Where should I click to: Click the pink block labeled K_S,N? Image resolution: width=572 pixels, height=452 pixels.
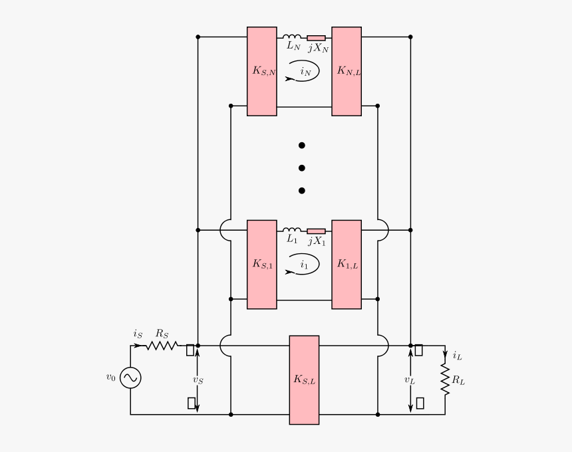click(262, 71)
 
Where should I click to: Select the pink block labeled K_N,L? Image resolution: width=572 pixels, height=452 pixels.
click(347, 71)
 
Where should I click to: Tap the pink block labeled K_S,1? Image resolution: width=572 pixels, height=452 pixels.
click(262, 265)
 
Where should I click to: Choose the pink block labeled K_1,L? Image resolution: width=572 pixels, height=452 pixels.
click(347, 265)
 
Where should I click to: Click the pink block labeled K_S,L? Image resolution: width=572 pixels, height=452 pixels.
click(304, 380)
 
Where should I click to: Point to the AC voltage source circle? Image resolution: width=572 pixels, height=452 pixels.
click(130, 378)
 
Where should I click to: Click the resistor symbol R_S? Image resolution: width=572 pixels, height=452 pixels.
click(162, 346)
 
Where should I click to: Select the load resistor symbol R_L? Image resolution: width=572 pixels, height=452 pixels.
click(445, 380)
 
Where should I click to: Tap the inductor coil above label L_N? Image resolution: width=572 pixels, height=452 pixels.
click(291, 37)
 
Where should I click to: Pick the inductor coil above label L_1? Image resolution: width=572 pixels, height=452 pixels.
click(291, 230)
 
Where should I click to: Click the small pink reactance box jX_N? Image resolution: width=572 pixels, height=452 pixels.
click(316, 38)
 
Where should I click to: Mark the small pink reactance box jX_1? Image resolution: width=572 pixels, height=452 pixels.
click(316, 231)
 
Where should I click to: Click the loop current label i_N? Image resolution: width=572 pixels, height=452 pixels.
click(305, 71)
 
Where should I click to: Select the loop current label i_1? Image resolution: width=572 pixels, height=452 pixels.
click(304, 265)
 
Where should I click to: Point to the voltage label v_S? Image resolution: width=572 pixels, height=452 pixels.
click(198, 380)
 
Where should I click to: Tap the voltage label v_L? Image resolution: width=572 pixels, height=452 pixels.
click(410, 380)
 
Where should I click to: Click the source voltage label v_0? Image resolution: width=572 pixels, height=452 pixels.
click(110, 377)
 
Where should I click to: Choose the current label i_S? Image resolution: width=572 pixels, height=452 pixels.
click(137, 334)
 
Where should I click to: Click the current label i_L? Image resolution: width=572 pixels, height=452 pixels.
click(457, 356)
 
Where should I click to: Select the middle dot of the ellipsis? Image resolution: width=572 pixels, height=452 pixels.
click(301, 168)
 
